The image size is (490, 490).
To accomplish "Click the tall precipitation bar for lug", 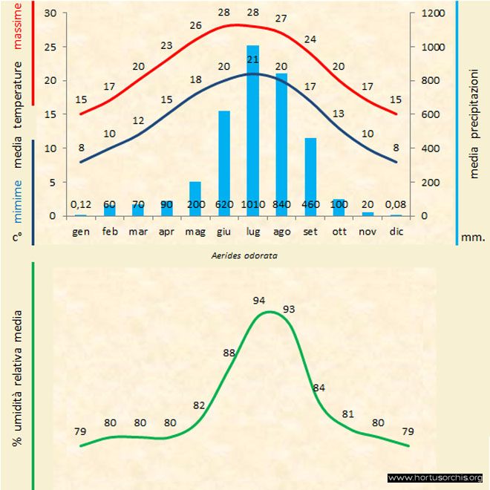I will pyautogui.click(x=252, y=131).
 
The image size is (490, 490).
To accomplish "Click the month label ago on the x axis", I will pyautogui.click(x=282, y=232).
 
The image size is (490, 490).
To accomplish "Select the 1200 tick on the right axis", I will pyautogui.click(x=432, y=13).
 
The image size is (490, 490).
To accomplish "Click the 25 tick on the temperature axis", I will pyautogui.click(x=50, y=47).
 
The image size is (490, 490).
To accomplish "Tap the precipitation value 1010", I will pyautogui.click(x=252, y=204).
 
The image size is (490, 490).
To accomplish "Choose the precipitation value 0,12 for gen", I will pyautogui.click(x=81, y=204).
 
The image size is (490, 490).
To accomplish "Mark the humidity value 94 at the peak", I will pyautogui.click(x=259, y=301).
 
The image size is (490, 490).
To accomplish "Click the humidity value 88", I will pyautogui.click(x=229, y=353).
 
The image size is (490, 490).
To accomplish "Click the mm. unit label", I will pyautogui.click(x=472, y=238).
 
